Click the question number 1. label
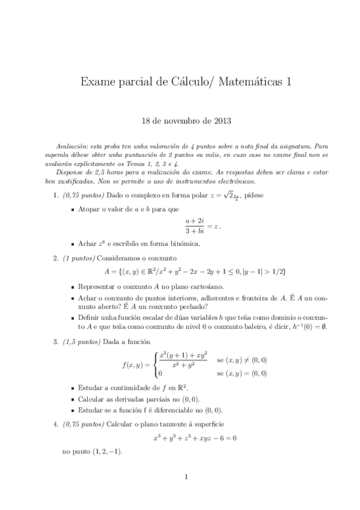55,195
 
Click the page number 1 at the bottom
186,478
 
